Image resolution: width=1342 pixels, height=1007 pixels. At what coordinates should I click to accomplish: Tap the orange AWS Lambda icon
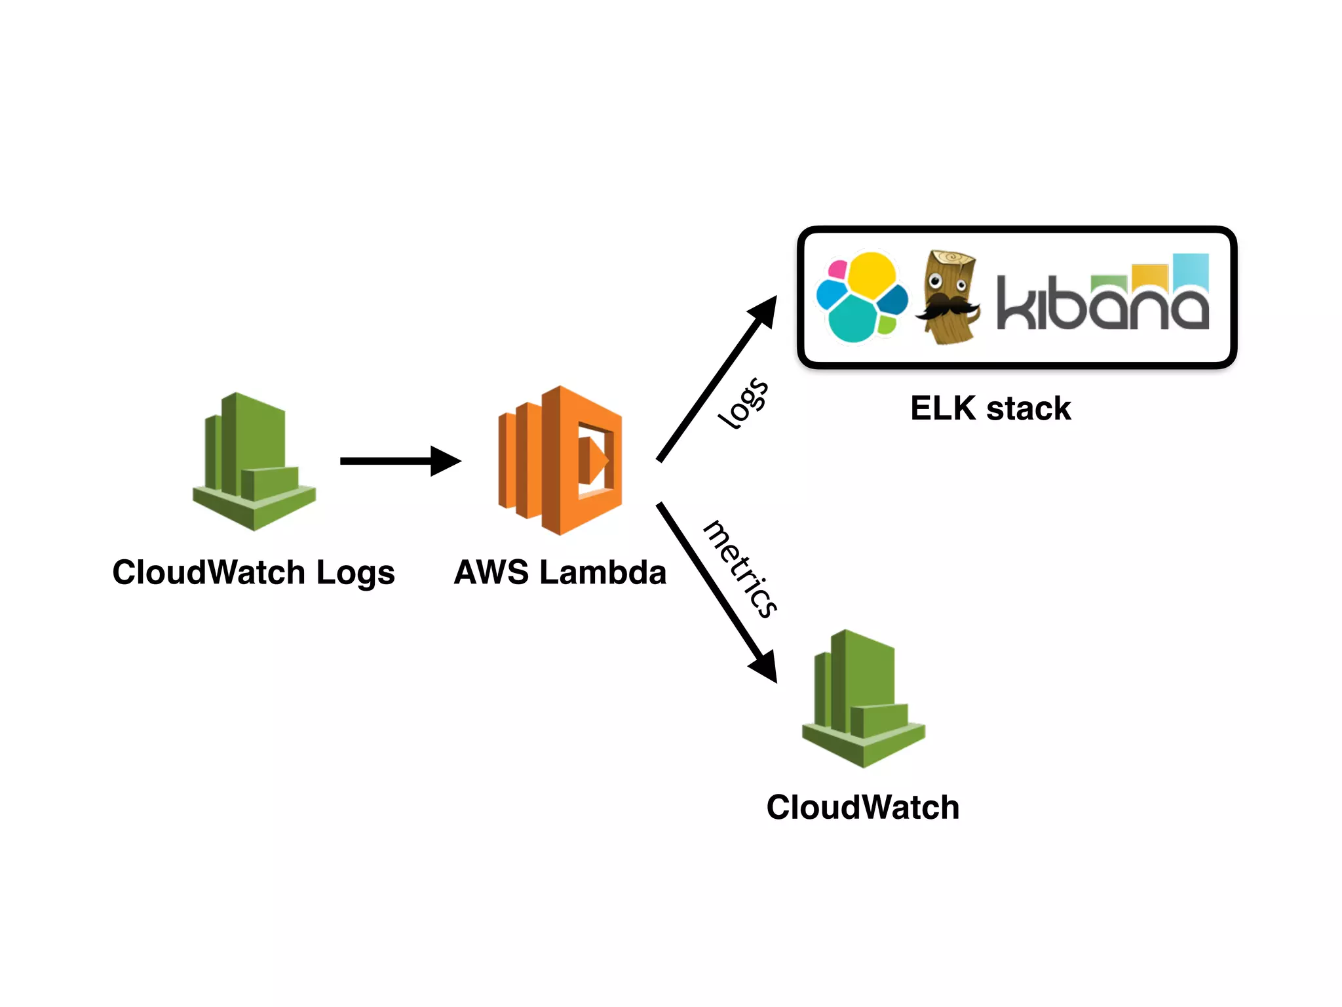(560, 460)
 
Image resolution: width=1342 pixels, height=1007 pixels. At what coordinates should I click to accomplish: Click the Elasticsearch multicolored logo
(861, 297)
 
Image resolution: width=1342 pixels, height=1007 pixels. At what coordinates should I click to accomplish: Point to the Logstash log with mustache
(948, 297)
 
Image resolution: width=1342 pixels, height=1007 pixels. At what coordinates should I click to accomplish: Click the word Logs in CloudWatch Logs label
(355, 573)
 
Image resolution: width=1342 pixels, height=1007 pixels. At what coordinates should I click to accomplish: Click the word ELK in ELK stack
(943, 408)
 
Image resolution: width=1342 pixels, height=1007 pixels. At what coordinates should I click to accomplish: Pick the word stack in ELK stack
(1028, 408)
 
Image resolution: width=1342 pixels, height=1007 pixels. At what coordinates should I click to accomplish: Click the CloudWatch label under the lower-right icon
(862, 807)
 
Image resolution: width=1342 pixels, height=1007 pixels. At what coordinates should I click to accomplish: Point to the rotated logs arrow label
(742, 403)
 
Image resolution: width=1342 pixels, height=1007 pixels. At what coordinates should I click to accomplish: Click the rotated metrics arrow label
(740, 569)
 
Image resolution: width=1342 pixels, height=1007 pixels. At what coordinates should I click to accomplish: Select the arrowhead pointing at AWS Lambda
(446, 461)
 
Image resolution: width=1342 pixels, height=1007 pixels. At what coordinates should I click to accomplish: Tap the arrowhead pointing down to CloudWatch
(764, 667)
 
